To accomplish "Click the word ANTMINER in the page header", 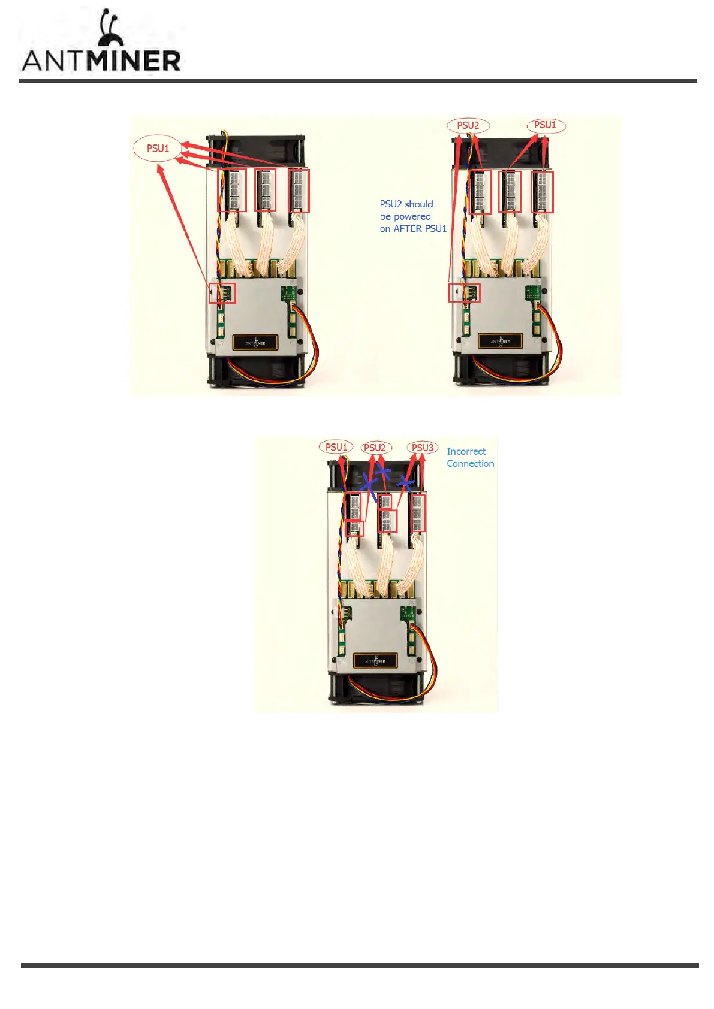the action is click(x=101, y=61).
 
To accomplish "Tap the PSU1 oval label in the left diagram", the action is click(x=158, y=148).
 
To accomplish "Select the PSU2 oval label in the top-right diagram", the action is click(x=468, y=125).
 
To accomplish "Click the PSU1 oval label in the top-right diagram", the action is click(x=545, y=125).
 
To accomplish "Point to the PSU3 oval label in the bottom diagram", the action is click(x=422, y=448).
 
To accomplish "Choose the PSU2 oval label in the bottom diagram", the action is click(x=375, y=448).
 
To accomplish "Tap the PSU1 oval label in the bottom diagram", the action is click(x=336, y=447).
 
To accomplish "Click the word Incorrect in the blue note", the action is click(x=466, y=451).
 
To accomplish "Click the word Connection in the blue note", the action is click(x=470, y=463).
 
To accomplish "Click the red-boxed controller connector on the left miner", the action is click(x=222, y=293).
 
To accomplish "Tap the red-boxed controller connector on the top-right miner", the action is click(x=464, y=292).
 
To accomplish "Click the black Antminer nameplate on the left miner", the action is click(x=255, y=342).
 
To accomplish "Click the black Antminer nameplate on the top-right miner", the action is click(x=500, y=341).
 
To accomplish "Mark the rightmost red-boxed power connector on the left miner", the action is click(x=299, y=190).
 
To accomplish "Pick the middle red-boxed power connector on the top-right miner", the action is click(x=510, y=192).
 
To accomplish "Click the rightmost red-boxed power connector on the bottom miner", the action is click(x=417, y=512).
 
